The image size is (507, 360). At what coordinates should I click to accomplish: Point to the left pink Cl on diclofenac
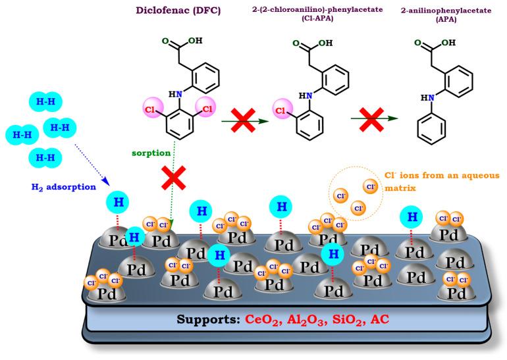click(x=152, y=107)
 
